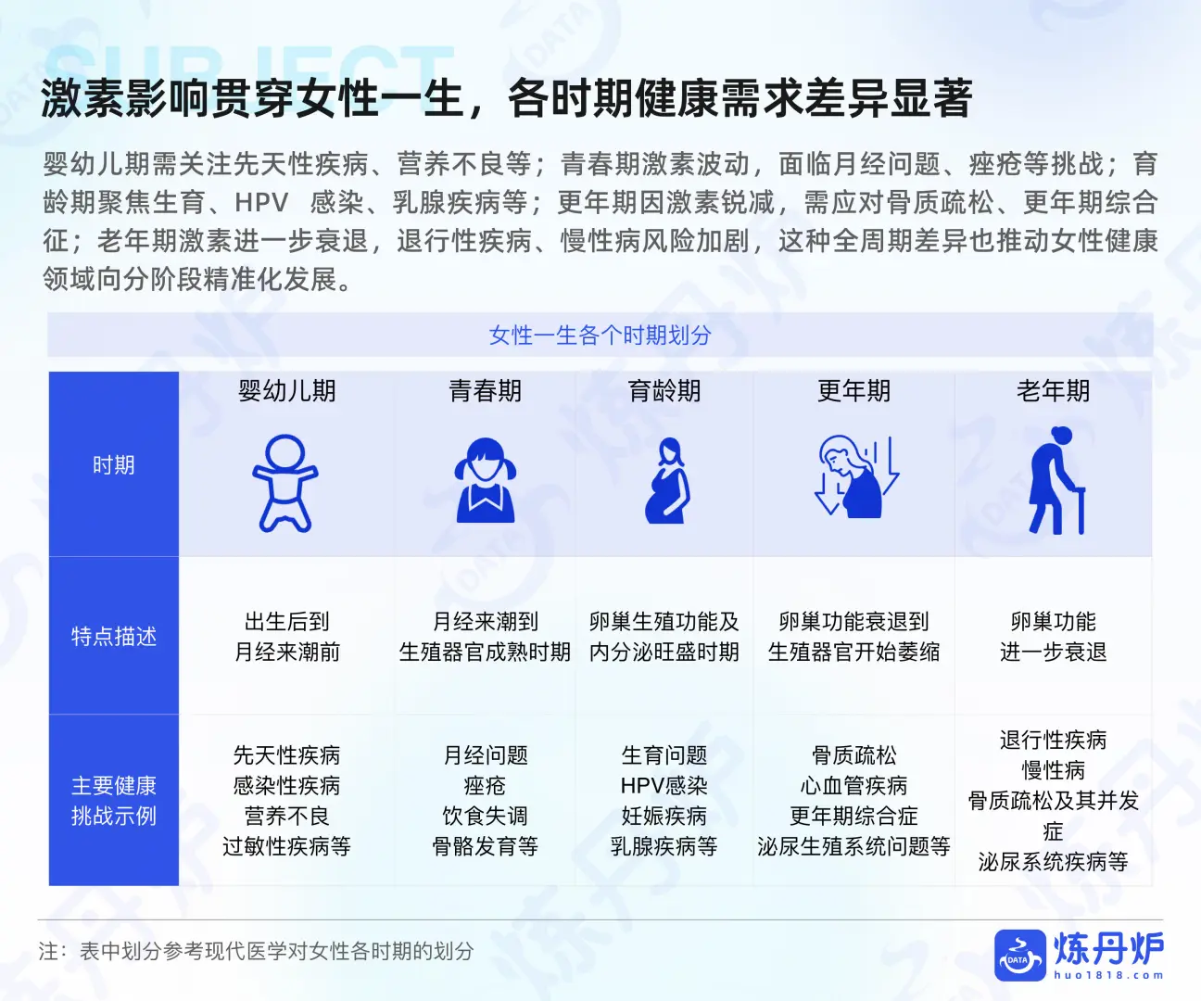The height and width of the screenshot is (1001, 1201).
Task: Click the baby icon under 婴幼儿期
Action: [285, 483]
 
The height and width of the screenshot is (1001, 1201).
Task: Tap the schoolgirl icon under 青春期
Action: [485, 480]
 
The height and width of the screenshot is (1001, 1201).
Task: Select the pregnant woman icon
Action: [665, 481]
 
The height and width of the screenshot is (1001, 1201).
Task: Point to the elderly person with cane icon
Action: [1055, 481]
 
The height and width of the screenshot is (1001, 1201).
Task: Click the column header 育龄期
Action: [664, 391]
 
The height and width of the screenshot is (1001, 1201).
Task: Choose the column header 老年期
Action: [1053, 391]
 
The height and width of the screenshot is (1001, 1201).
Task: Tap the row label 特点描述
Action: [114, 637]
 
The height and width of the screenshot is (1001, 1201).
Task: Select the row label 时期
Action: [114, 465]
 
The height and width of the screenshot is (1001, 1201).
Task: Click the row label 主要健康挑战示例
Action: [114, 801]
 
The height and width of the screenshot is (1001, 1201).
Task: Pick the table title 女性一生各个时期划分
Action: [600, 336]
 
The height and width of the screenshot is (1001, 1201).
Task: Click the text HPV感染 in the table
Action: [664, 786]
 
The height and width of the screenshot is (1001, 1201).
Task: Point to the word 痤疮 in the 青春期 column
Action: [485, 786]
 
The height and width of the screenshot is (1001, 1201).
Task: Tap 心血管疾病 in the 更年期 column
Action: [853, 786]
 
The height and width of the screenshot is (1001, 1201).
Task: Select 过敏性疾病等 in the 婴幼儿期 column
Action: [286, 846]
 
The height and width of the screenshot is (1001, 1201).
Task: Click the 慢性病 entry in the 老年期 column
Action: [1053, 770]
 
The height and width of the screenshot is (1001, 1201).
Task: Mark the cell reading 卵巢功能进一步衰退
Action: [1053, 637]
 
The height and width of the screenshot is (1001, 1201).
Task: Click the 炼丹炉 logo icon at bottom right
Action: [1019, 956]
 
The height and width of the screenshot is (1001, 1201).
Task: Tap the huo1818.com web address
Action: [1108, 975]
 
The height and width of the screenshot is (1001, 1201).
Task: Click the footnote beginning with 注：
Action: [256, 951]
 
